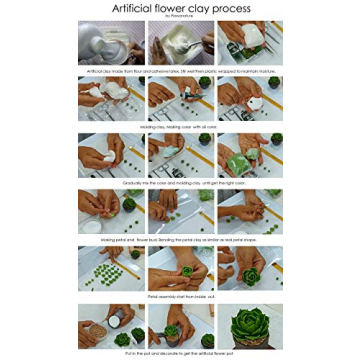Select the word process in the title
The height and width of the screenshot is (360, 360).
[232, 9]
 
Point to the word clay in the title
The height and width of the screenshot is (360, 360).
[202, 9]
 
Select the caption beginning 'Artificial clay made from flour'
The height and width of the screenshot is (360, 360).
[180, 71]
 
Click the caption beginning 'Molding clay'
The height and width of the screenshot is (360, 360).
[180, 127]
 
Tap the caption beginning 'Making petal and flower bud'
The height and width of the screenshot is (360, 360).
[180, 240]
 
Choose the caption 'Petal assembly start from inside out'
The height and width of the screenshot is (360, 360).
[180, 296]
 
